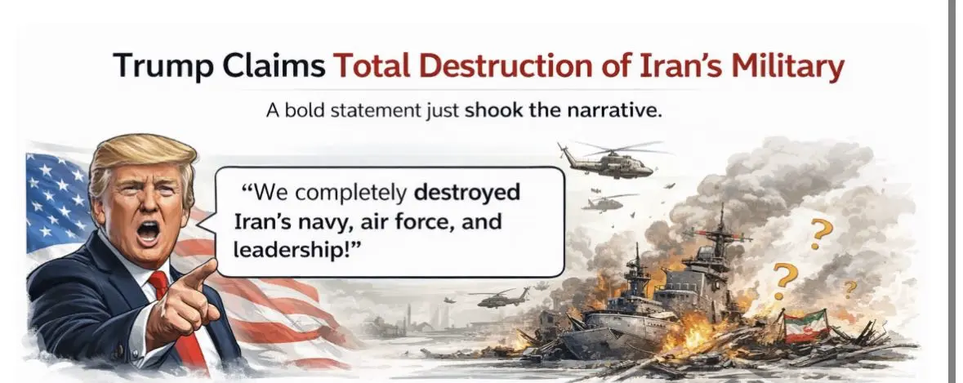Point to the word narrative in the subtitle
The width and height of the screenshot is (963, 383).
[x=613, y=111]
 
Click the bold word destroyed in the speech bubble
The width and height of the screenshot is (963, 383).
[x=466, y=193]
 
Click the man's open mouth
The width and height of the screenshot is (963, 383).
[x=148, y=231]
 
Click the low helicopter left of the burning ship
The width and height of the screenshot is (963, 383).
[x=502, y=298]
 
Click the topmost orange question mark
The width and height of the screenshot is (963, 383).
[x=821, y=234]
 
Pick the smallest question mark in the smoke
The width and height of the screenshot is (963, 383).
[x=850, y=288]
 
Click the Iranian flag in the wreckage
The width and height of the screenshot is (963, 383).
[x=805, y=326]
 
